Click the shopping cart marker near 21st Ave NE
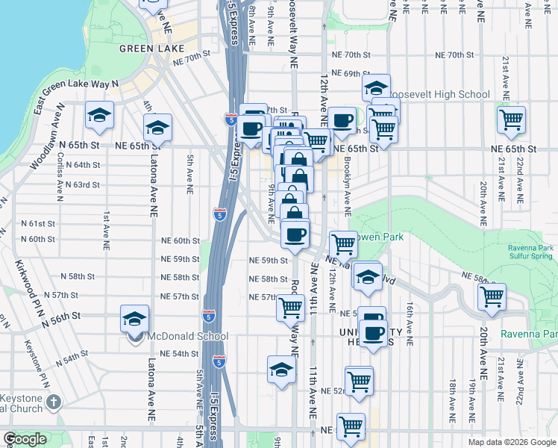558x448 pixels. tap(511, 119)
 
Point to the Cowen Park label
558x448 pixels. tap(381, 237)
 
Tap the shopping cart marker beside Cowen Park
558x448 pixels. tap(342, 243)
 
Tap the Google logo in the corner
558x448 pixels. tap(25, 439)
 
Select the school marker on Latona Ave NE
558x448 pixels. tap(158, 127)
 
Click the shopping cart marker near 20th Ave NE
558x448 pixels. tap(492, 296)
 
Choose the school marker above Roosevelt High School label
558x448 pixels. tap(377, 86)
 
